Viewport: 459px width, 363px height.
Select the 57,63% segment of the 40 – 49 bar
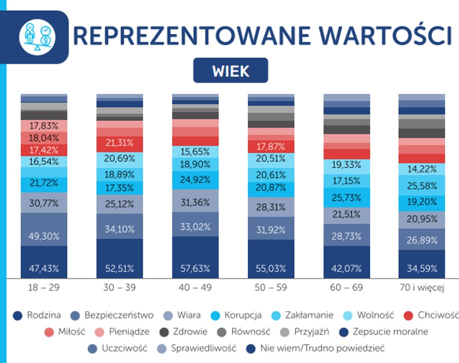[x=195, y=268]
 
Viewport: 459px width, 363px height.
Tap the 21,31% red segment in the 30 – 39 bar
[x=119, y=143]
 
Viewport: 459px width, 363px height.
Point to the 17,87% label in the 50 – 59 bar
[x=271, y=147]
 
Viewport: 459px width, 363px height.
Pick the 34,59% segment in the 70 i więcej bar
[x=422, y=268]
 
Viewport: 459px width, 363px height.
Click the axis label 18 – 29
[x=43, y=288]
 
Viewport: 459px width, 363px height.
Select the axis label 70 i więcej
[x=422, y=288]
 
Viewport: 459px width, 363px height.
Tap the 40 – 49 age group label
[x=195, y=288]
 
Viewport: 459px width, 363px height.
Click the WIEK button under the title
[x=230, y=71]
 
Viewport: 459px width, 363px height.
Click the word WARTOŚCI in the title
[x=375, y=36]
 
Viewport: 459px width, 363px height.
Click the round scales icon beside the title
[x=37, y=37]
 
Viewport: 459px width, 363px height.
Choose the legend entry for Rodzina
[x=38, y=315]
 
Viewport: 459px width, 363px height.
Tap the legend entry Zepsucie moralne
[x=384, y=332]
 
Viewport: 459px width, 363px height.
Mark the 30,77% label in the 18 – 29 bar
[x=43, y=203]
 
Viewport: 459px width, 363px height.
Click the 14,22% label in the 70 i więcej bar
[x=422, y=169]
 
